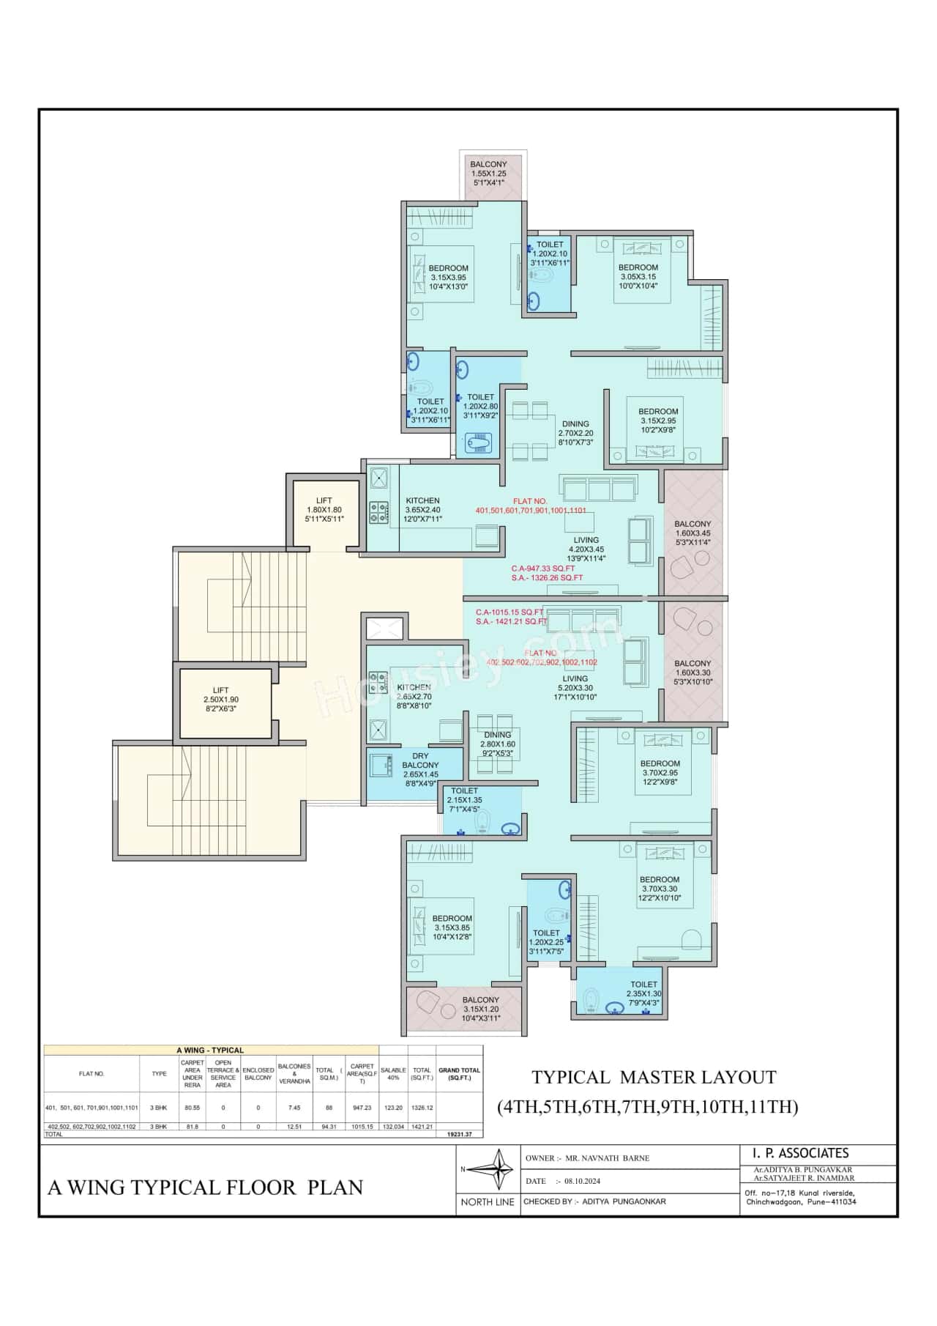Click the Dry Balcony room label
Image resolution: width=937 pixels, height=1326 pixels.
(x=420, y=765)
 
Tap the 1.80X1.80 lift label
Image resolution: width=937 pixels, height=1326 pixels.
(x=324, y=510)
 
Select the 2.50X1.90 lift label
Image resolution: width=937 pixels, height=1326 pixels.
(x=220, y=700)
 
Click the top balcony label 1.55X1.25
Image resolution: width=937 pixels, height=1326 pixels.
(x=488, y=173)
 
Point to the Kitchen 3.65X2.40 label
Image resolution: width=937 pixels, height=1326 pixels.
(x=423, y=510)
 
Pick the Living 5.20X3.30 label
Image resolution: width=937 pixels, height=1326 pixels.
(x=575, y=688)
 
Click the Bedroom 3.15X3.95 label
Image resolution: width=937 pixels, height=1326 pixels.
(x=449, y=278)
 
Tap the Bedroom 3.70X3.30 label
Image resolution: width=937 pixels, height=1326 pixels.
(x=660, y=889)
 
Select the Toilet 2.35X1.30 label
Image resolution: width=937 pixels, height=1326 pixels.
(x=644, y=994)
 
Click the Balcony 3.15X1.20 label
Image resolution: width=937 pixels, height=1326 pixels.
(x=481, y=1009)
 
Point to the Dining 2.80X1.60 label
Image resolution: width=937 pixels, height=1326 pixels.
(x=498, y=744)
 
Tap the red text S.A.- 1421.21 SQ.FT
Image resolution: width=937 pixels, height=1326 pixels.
(x=512, y=621)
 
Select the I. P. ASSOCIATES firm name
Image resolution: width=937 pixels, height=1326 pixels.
(x=801, y=1153)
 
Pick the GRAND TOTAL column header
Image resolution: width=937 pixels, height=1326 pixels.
(x=459, y=1073)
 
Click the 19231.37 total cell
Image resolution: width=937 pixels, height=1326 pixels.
(x=459, y=1133)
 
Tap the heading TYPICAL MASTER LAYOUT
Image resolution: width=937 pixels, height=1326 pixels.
(x=654, y=1077)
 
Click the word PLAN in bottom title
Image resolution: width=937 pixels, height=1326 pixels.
(x=335, y=1188)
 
